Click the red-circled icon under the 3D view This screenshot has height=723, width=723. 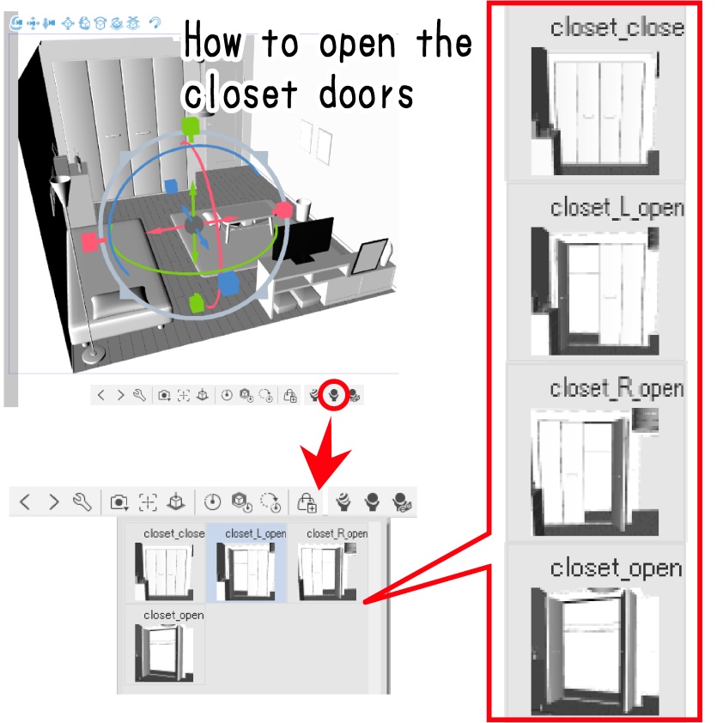[x=334, y=395]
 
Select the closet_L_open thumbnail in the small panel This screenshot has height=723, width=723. [x=246, y=572]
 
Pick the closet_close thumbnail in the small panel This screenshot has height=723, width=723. [x=164, y=572]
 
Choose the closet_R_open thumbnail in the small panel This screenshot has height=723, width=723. [x=327, y=572]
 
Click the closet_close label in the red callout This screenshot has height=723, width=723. [x=617, y=27]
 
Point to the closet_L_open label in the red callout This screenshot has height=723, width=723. [x=617, y=208]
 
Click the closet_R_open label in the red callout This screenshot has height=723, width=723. [x=617, y=388]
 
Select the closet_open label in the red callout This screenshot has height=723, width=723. [x=616, y=568]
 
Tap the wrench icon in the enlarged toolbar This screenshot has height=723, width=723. [x=82, y=501]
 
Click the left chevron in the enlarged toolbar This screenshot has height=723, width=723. [x=26, y=501]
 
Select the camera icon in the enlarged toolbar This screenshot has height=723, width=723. [x=119, y=502]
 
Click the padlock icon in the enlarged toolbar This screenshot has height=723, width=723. [x=307, y=502]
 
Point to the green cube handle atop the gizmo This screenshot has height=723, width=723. [x=190, y=126]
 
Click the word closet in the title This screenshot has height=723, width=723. [x=240, y=94]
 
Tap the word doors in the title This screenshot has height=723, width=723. [x=366, y=94]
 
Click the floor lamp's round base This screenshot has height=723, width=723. [x=93, y=355]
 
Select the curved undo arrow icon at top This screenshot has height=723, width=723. [x=155, y=22]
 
